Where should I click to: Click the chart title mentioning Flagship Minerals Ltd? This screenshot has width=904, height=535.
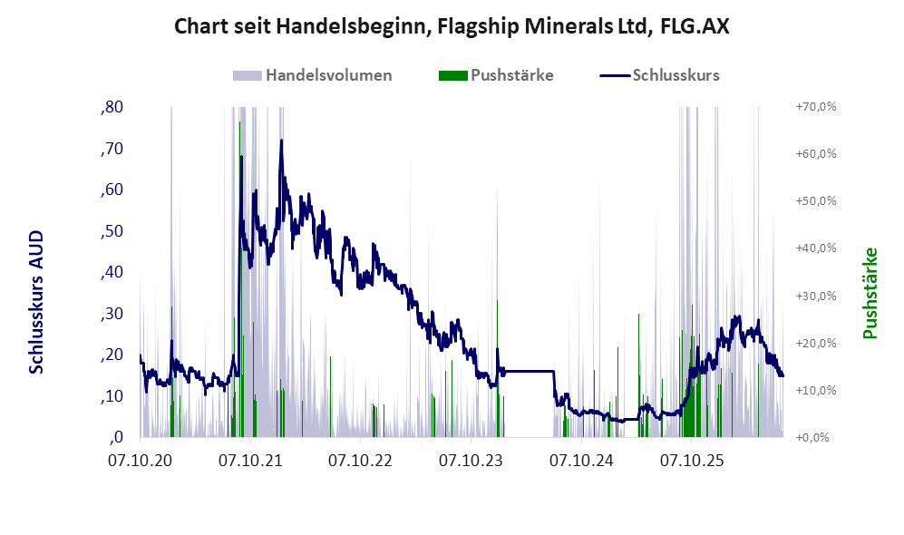point(452,26)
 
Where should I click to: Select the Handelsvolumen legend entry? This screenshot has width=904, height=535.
point(313,75)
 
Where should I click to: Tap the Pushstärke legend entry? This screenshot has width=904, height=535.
point(496,75)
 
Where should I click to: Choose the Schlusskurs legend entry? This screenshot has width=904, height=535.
point(659,75)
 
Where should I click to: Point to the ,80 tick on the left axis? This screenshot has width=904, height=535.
point(112,107)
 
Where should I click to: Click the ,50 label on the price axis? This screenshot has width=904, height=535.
point(112,231)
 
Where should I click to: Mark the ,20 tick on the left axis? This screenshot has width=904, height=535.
point(112,355)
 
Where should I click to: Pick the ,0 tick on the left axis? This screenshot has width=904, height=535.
point(116,437)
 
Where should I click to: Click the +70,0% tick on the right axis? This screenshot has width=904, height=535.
point(816,107)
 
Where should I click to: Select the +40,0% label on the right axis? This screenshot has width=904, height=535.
point(816,248)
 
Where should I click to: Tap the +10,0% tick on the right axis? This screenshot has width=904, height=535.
point(816,390)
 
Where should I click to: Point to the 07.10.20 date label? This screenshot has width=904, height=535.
point(141,461)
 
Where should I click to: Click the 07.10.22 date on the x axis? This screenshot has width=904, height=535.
point(360,461)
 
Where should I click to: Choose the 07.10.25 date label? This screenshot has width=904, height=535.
point(692,461)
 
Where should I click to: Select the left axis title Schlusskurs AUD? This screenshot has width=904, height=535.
point(36,302)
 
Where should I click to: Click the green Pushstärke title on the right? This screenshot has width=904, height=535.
point(870,293)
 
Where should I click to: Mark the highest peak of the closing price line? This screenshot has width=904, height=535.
point(281,140)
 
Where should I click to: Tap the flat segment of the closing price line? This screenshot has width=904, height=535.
point(529,371)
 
